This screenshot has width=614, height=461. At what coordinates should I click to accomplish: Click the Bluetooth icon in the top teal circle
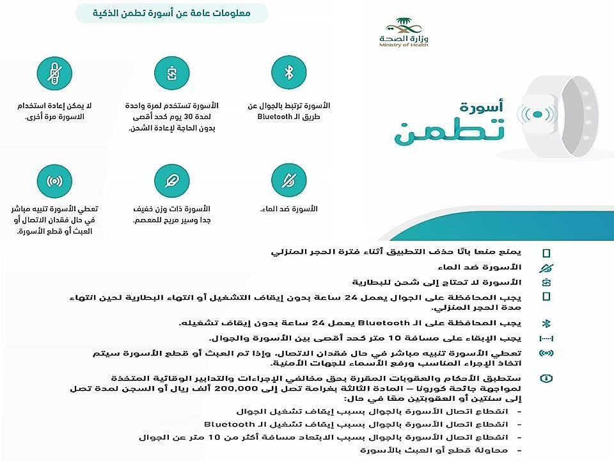point(288,73)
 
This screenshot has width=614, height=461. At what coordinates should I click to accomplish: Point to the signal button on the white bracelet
point(537,115)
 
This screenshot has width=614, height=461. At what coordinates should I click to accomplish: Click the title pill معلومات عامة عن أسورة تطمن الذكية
point(171,13)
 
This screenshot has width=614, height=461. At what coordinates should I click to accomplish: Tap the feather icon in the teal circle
point(171,181)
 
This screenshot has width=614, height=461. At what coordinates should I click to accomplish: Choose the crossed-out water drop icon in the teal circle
point(288,181)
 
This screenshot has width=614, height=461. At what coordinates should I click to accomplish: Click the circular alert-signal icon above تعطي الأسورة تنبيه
point(54,181)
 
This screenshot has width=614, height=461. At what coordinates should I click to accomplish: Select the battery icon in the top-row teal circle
point(171,73)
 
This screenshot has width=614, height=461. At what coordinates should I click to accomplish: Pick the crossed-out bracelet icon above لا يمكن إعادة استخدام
point(54,73)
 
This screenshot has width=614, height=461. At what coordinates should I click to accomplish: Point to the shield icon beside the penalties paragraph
point(546,378)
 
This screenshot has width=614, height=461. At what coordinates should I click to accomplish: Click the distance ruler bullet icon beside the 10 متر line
point(546,338)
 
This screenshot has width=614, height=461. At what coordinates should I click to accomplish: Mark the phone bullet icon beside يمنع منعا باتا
point(546,253)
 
